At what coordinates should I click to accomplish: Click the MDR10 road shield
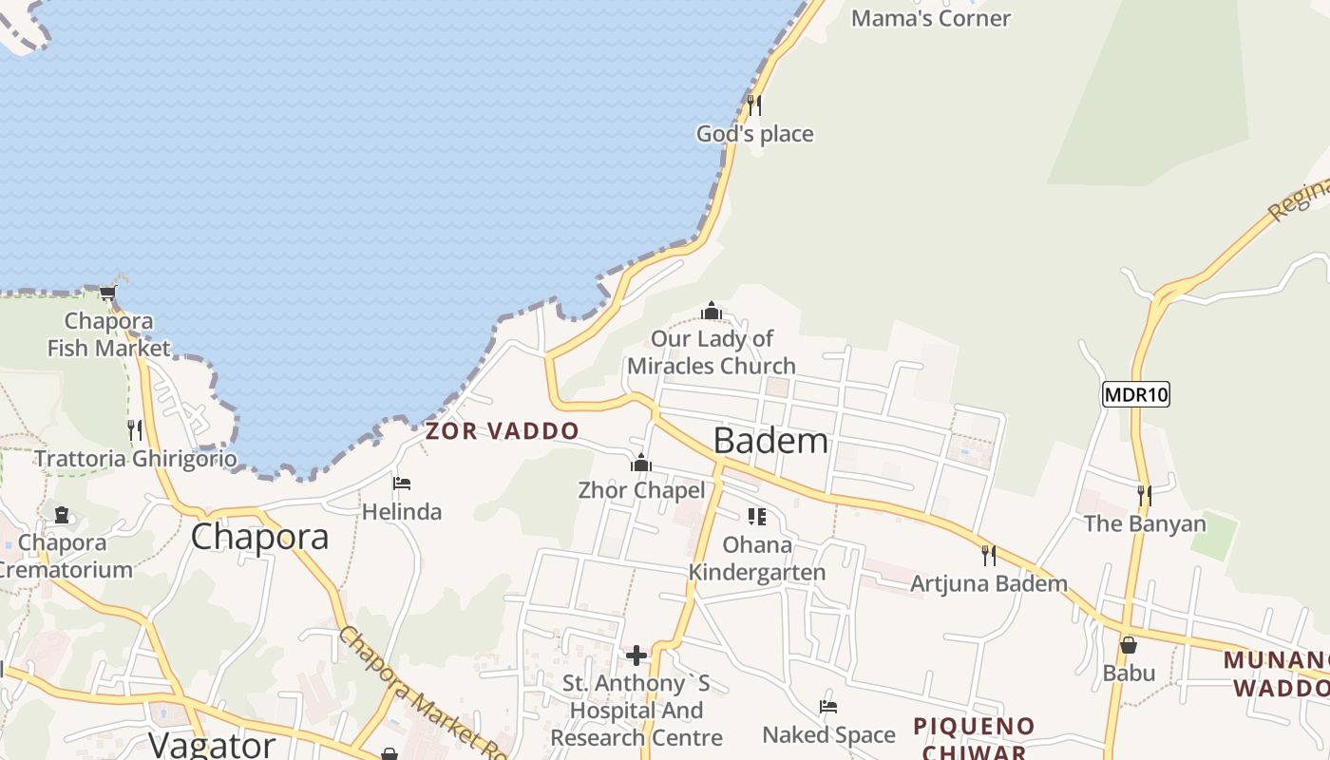click(x=1135, y=394)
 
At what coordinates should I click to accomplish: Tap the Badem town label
click(x=770, y=441)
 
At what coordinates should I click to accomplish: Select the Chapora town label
click(x=259, y=537)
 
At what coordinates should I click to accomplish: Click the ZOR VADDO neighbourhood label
click(x=502, y=431)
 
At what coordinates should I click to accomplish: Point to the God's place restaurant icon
click(x=754, y=104)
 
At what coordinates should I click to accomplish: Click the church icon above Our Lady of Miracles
click(x=712, y=311)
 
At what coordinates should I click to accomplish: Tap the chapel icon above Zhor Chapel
click(x=641, y=463)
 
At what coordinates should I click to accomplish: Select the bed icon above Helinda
click(x=402, y=484)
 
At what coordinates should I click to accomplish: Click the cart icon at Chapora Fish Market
click(x=108, y=293)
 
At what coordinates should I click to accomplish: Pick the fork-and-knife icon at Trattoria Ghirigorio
click(x=135, y=430)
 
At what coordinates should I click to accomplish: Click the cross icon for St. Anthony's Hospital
click(x=636, y=655)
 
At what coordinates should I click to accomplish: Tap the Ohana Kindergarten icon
click(x=757, y=517)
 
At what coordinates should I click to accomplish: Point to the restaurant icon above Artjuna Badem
click(x=989, y=555)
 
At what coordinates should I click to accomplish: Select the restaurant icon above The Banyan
click(x=1145, y=495)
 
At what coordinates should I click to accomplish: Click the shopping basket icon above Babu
click(x=1129, y=645)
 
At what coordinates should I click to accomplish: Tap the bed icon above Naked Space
click(x=828, y=707)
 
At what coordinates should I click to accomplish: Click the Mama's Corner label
click(x=931, y=18)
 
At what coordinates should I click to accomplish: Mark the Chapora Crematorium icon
click(x=62, y=515)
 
